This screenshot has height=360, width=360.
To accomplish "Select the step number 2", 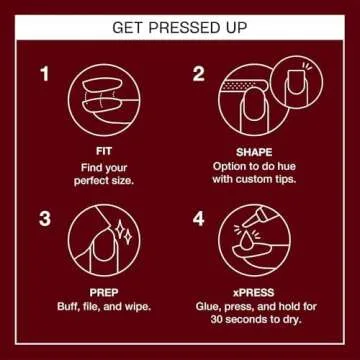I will [198, 73].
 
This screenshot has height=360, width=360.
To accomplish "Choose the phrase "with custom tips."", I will [253, 179].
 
